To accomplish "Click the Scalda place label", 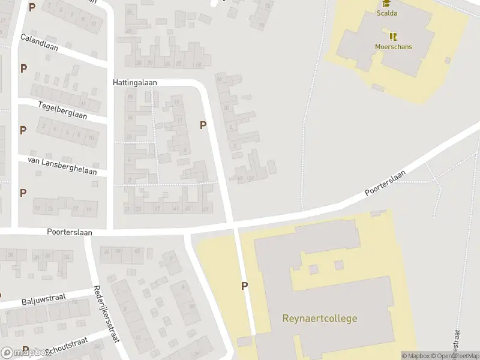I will click(388, 13).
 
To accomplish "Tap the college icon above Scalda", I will click(387, 3).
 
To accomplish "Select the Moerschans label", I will click(394, 47).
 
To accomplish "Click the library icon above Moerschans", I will click(394, 37).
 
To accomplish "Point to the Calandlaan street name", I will click(39, 43).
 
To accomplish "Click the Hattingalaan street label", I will click(134, 82).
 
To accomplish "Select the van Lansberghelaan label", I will click(62, 163).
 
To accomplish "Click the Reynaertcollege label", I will click(320, 318).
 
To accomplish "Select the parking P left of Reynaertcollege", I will click(244, 286).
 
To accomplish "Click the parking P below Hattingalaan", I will click(203, 125).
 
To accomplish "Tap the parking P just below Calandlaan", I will click(23, 68).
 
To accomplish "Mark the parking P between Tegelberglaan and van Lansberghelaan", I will click(23, 130).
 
